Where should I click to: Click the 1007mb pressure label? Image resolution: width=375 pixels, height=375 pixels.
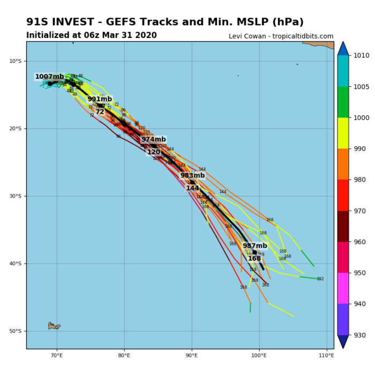coord(49,77)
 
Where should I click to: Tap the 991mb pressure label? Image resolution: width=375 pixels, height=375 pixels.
coord(100,99)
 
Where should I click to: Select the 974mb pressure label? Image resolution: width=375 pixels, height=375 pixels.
coord(154,139)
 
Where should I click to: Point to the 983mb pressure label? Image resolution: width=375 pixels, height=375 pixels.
coord(192,175)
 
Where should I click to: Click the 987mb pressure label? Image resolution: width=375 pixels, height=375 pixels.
coord(255,246)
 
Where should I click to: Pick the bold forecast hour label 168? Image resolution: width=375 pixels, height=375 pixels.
coord(254,258)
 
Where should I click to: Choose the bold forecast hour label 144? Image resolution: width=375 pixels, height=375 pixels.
coord(192,188)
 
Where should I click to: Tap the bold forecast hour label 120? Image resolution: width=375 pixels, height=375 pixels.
coord(154,152)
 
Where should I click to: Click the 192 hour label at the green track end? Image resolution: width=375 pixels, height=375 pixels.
coord(320,279)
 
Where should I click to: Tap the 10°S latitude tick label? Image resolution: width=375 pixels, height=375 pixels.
coord(15,61)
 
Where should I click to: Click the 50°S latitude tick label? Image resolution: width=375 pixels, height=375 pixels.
coord(15,331)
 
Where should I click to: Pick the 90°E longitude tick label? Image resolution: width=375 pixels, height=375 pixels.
coord(192,356)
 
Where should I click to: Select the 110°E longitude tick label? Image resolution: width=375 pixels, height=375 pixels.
coord(326,356)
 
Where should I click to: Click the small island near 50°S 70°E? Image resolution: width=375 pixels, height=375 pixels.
coord(54,325)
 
